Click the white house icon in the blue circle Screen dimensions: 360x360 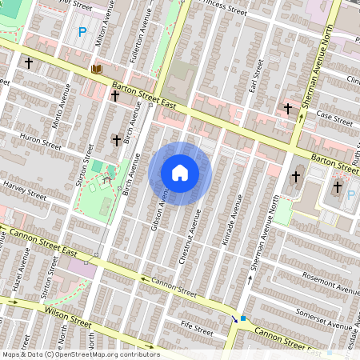click(x=180, y=173)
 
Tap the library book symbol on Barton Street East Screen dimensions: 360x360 click(x=97, y=71)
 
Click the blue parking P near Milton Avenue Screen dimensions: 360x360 click(x=82, y=33)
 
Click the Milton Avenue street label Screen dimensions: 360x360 click(x=102, y=25)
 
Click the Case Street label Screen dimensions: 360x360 click(x=334, y=118)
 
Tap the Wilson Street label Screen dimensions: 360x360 click(x=68, y=315)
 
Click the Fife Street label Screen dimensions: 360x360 click(x=196, y=327)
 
